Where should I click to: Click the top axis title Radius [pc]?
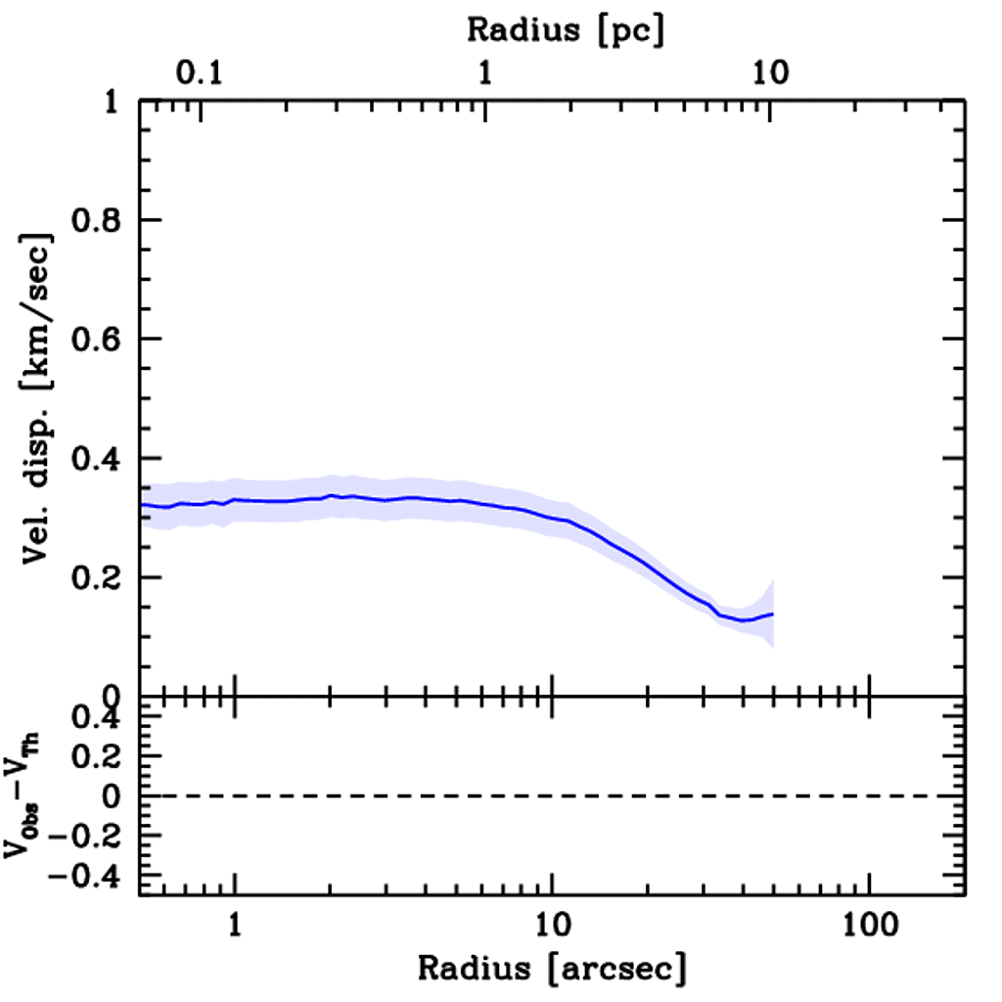point(566,29)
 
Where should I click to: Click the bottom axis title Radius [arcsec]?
point(552,969)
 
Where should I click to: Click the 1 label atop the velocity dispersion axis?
point(113,102)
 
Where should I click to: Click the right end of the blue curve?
point(773,614)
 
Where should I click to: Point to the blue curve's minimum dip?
point(744,620)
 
